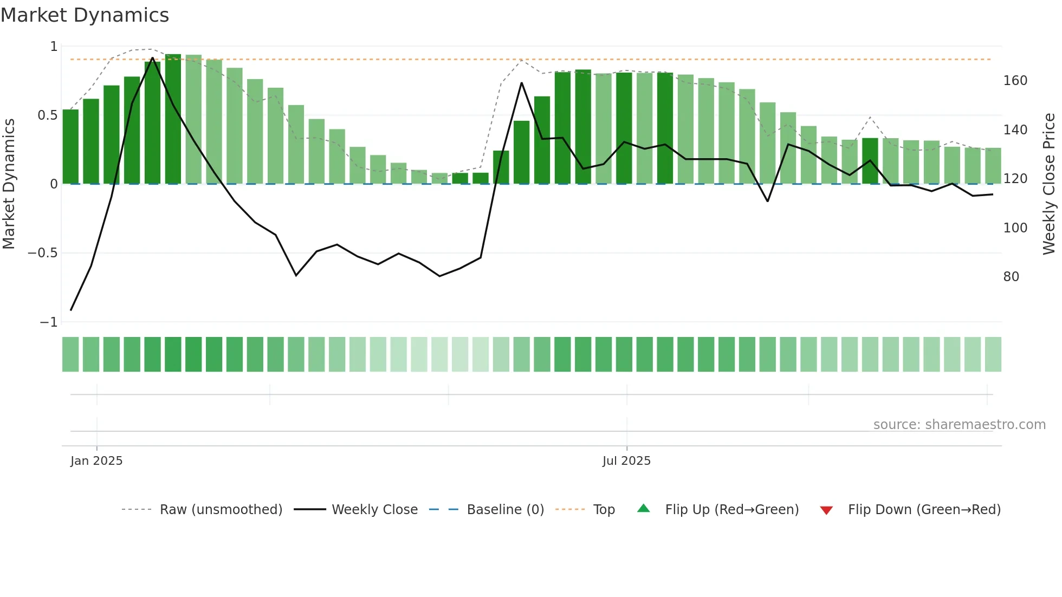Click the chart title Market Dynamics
point(85,15)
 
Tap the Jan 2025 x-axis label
point(96,461)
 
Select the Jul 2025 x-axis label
point(626,461)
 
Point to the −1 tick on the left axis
point(48,322)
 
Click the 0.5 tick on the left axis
point(47,115)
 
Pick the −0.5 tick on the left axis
point(43,253)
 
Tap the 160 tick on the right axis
point(1015,81)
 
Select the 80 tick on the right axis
point(1011,277)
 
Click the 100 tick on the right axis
point(1015,228)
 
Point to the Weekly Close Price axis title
point(1049,184)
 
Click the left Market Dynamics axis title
point(9,184)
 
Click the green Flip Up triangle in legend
point(643,509)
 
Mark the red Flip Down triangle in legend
point(826,510)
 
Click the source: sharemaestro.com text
point(959,425)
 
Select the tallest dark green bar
point(173,119)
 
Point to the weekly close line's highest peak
point(152,58)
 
